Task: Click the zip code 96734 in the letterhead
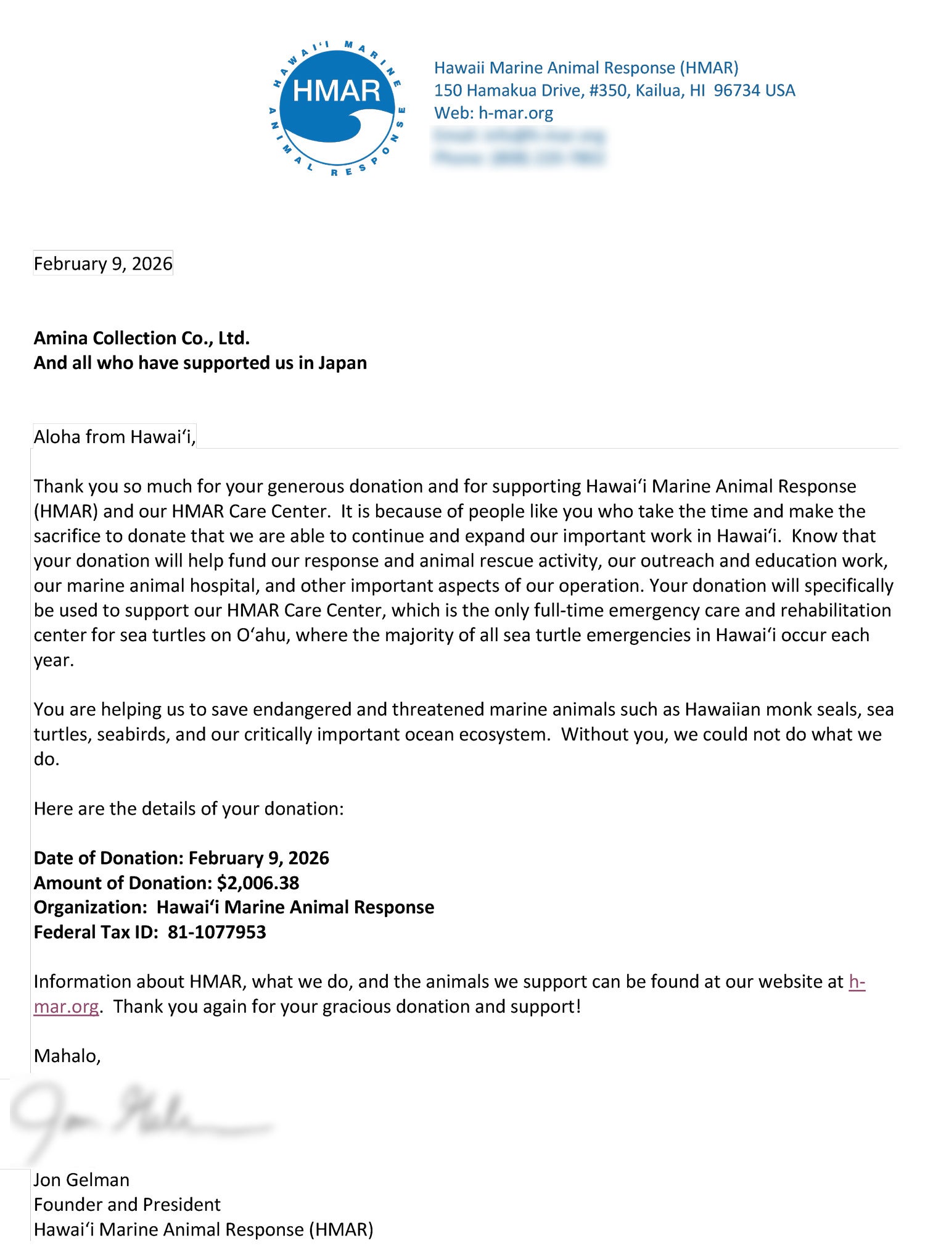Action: tap(736, 91)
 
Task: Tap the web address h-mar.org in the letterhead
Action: tap(516, 113)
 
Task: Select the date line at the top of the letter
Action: tap(103, 264)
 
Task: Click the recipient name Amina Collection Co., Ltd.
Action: tap(141, 338)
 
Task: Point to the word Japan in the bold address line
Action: tap(342, 363)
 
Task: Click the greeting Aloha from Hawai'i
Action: tap(114, 437)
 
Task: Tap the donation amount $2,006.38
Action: tap(258, 883)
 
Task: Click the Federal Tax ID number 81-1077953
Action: tap(216, 932)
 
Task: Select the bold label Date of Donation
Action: tap(109, 858)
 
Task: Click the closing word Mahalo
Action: tap(66, 1056)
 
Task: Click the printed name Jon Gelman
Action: tap(81, 1180)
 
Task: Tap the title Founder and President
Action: tap(127, 1205)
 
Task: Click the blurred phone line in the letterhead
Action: tap(518, 158)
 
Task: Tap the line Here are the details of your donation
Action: tap(189, 809)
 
